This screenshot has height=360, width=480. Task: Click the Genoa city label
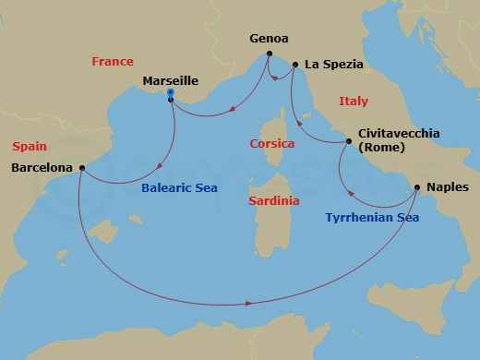[x=270, y=40]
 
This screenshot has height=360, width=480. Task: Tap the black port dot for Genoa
[x=268, y=55]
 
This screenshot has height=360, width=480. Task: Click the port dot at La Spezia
[x=294, y=65]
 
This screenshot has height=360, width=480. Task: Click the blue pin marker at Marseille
[x=171, y=93]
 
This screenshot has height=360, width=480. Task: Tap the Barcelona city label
[x=42, y=168]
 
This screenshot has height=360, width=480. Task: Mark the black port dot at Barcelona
[x=82, y=168]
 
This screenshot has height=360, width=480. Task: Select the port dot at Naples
[x=417, y=187]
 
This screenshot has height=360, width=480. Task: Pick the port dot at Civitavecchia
[x=349, y=141]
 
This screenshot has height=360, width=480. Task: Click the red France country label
[x=113, y=62]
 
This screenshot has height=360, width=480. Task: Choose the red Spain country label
[x=30, y=147]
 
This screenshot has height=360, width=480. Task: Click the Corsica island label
[x=272, y=144]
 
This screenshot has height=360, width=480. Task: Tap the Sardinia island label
[x=274, y=200]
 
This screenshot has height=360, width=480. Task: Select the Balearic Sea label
[x=179, y=190]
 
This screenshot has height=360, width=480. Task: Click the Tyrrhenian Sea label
[x=372, y=218]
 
